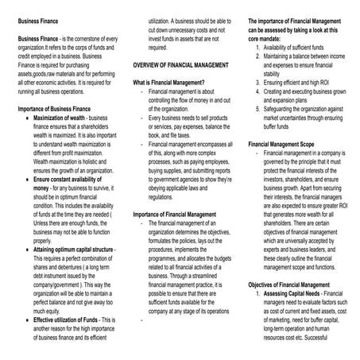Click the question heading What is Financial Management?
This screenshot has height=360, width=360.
[x=168, y=83]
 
